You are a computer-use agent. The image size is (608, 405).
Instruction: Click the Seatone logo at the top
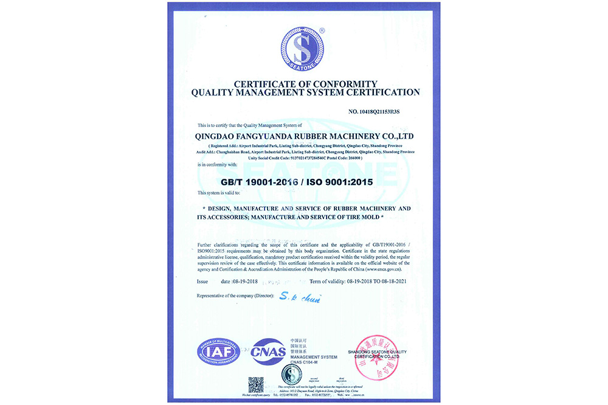(303, 49)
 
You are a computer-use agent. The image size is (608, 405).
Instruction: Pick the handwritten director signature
(300, 297)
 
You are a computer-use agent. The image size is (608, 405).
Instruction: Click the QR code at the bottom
(256, 385)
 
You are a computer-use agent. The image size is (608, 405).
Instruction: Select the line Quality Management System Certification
(305, 92)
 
